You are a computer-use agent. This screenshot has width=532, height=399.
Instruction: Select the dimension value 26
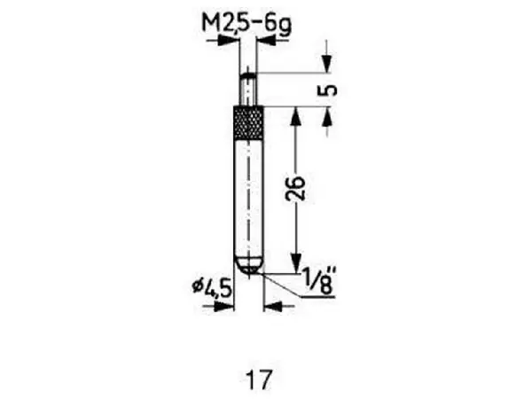(298, 188)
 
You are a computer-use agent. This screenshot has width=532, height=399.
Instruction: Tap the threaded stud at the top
(249, 89)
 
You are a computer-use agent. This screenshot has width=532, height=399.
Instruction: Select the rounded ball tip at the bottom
(249, 264)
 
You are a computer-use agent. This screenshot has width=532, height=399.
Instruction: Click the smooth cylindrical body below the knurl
(249, 195)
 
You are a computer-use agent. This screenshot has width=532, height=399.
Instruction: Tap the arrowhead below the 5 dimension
(326, 114)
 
